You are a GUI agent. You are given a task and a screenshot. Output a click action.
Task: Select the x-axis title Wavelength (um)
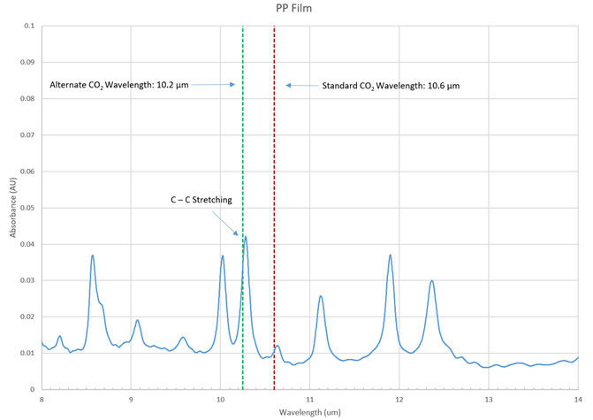pos(309,412)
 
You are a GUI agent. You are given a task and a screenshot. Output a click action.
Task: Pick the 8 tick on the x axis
pos(42,399)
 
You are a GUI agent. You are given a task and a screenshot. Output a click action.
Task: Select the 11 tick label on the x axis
pos(309,399)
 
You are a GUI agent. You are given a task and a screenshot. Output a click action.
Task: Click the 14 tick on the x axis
pos(577,399)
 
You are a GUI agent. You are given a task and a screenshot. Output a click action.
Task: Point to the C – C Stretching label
pos(201,201)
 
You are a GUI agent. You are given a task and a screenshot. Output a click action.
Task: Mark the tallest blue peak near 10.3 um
pos(245,237)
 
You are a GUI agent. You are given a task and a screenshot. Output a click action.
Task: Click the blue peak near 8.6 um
pos(92,256)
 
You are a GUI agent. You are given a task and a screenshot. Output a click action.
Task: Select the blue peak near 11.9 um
pos(390,256)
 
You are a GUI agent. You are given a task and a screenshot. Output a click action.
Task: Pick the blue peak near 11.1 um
pos(321,296)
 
